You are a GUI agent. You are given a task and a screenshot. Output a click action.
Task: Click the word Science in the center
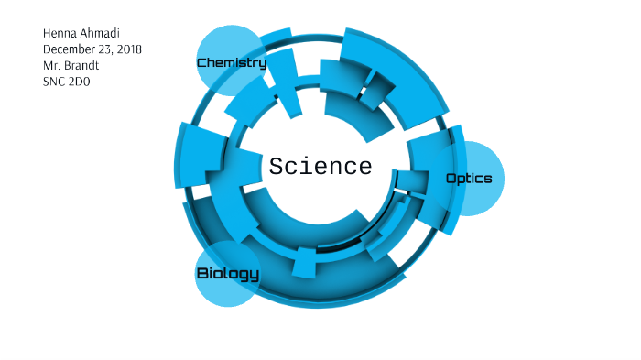(320, 168)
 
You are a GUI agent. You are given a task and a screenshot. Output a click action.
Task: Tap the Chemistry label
(232, 63)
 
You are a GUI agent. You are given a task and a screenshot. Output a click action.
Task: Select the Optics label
(469, 179)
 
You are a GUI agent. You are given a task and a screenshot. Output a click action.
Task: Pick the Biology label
(228, 274)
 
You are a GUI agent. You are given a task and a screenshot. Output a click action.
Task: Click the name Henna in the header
(61, 33)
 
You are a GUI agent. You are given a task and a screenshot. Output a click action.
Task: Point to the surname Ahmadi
(104, 33)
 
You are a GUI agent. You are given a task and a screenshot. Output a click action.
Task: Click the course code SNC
(55, 82)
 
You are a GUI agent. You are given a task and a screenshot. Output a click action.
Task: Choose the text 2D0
(82, 82)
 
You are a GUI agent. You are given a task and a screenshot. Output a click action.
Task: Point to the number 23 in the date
(107, 49)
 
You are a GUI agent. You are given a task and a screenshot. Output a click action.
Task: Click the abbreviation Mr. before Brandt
(51, 66)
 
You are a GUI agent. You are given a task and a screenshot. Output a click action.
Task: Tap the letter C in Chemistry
(202, 63)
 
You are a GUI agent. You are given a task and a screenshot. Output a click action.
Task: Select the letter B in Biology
(203, 274)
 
